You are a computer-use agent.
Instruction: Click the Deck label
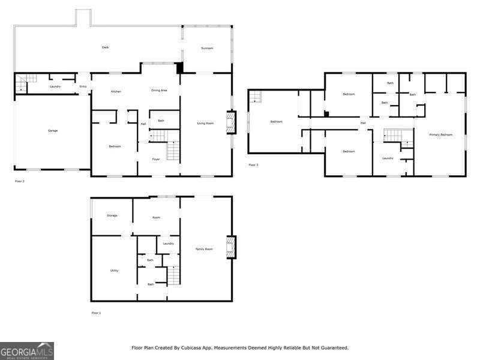click(105, 47)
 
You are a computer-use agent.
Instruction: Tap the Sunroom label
click(207, 47)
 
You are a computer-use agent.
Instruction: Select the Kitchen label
click(116, 91)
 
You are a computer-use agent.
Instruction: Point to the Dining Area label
click(159, 90)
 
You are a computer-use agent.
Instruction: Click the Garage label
click(53, 130)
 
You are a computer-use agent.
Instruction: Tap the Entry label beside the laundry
click(83, 86)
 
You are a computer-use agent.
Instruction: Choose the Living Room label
click(206, 123)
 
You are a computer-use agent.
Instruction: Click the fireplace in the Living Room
click(229, 123)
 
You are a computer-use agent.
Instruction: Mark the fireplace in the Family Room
click(229, 247)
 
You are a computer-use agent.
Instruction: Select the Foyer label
click(155, 159)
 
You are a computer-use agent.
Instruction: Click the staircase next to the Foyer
click(173, 151)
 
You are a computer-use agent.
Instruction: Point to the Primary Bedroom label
click(441, 134)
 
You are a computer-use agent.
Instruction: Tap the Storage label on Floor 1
click(112, 215)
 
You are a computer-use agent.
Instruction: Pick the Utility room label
click(114, 270)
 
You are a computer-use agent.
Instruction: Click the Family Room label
click(204, 248)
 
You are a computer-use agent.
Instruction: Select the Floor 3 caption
click(253, 164)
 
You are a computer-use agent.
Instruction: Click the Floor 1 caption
click(96, 313)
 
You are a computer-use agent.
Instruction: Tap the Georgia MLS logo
click(27, 350)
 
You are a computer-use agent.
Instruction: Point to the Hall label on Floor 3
click(363, 123)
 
